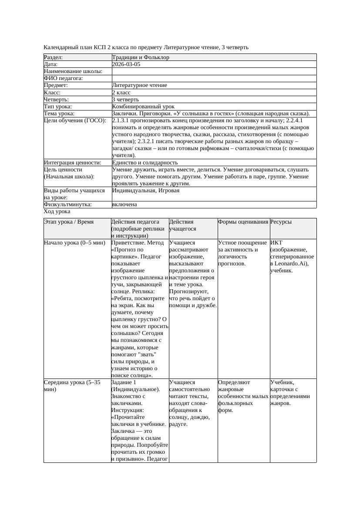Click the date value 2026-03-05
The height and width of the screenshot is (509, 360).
(126, 64)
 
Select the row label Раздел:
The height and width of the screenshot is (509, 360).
(53, 57)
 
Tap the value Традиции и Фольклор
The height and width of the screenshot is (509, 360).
(140, 57)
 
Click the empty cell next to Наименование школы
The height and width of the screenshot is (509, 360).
(214, 71)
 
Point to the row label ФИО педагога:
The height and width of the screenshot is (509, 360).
(63, 78)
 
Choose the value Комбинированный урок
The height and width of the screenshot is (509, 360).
(143, 107)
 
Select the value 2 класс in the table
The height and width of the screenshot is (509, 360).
(121, 93)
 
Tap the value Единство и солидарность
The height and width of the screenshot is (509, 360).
(145, 163)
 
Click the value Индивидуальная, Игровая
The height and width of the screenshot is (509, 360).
(145, 191)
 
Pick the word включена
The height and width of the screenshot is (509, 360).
(124, 204)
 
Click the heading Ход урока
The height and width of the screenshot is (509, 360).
(57, 211)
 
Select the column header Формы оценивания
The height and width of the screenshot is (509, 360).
(243, 222)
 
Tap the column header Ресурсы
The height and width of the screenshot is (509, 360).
(281, 222)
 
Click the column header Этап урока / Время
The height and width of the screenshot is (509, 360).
(69, 222)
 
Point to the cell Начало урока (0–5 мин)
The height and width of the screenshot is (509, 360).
(74, 243)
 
